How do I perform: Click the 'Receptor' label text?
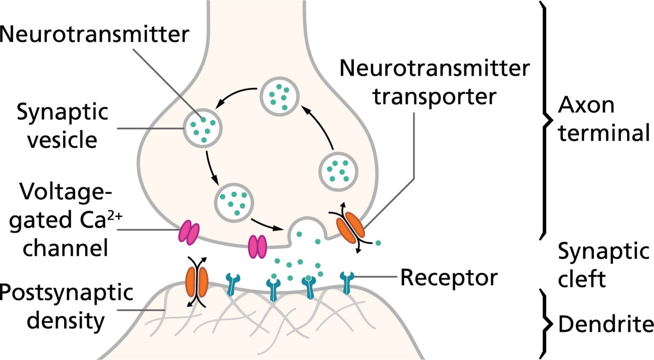pyautogui.click(x=448, y=278)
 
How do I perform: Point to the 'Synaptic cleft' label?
pyautogui.click(x=603, y=265)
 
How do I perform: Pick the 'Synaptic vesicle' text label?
pyautogui.click(x=62, y=126)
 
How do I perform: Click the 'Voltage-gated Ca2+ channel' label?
pyautogui.click(x=65, y=220)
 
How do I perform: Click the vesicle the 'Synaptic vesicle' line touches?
pyautogui.click(x=203, y=128)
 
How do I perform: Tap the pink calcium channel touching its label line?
pyautogui.click(x=189, y=232)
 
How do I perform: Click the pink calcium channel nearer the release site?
pyautogui.click(x=257, y=246)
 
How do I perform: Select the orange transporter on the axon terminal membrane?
pyautogui.click(x=350, y=227)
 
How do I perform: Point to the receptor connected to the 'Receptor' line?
pyautogui.click(x=347, y=282)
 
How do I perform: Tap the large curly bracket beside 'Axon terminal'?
pyautogui.click(x=545, y=119)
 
